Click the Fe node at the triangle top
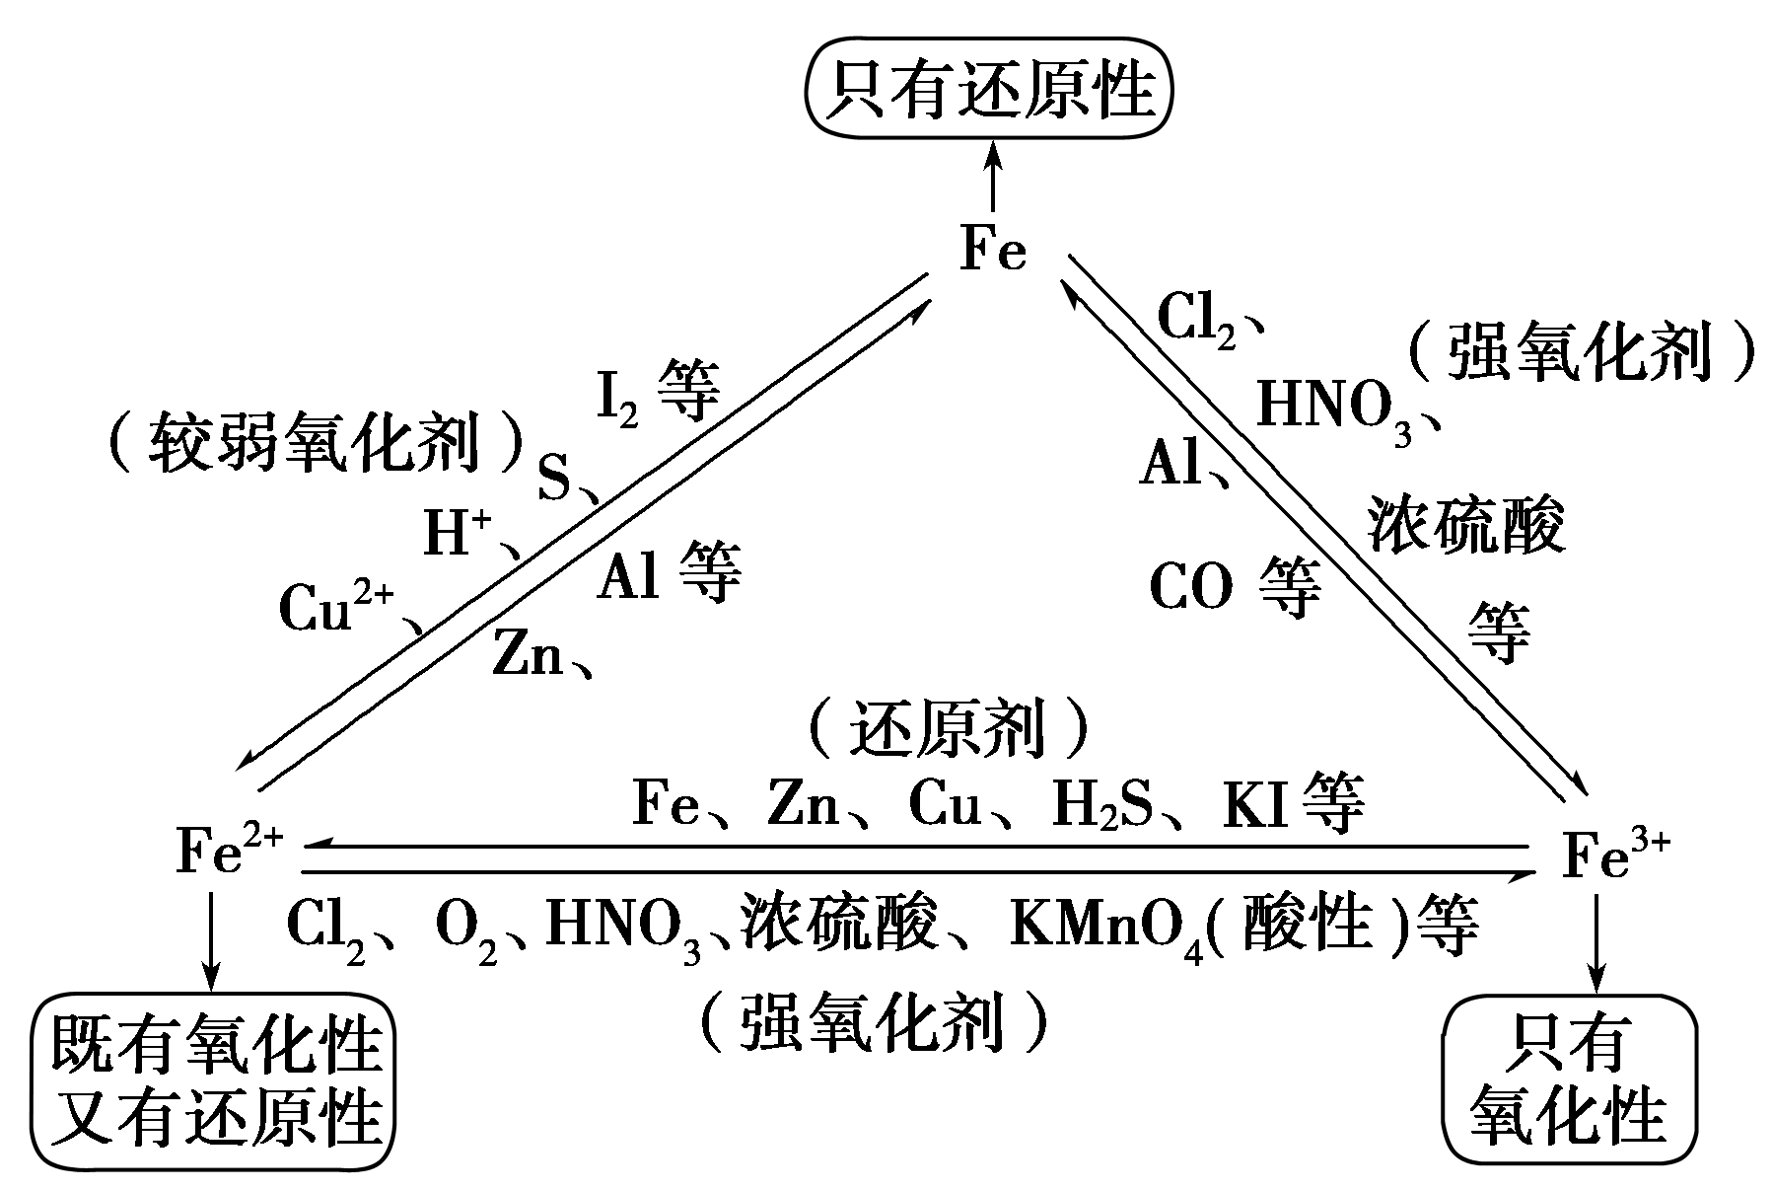[x=993, y=252]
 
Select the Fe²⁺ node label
[x=229, y=852]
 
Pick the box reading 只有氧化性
[x=1568, y=1078]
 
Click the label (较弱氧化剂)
[x=314, y=441]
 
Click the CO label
[x=1191, y=589]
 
